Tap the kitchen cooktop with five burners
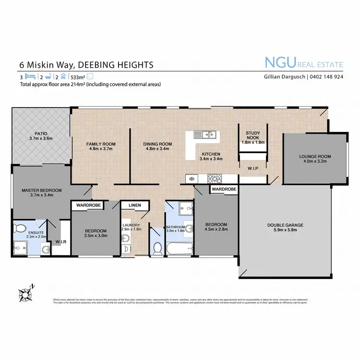[215, 179]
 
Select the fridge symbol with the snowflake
[191, 179]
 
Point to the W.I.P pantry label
[253, 168]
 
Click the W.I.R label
[61, 241]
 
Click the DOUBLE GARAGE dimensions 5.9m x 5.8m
[285, 231]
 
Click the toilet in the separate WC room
[156, 248]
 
